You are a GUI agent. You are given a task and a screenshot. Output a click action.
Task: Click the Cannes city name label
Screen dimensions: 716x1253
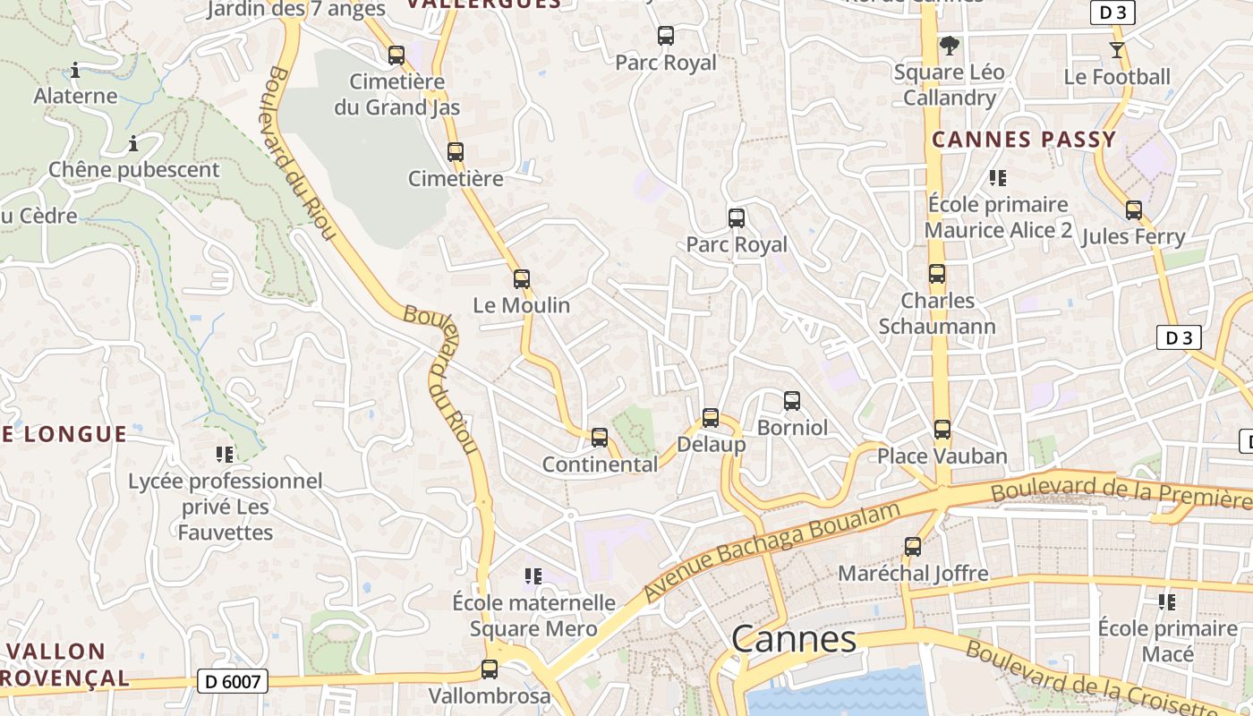[x=794, y=639]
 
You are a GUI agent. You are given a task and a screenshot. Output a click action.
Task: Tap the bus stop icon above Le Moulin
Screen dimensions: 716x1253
[x=522, y=279]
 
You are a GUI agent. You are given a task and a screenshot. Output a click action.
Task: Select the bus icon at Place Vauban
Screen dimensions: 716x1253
[x=942, y=430]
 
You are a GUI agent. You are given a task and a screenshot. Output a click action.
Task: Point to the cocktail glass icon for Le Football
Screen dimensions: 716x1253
[x=1116, y=50]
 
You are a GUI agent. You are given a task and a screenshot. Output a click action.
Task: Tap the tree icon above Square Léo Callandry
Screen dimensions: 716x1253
[x=949, y=46]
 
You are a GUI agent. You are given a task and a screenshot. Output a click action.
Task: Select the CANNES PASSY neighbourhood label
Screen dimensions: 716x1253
[x=1024, y=140]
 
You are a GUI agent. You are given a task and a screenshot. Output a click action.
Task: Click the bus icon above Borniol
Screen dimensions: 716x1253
[x=792, y=401]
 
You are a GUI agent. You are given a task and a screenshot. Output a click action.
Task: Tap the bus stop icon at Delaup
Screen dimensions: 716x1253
[x=711, y=417]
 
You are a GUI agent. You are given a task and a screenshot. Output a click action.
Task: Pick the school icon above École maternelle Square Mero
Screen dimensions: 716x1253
[x=533, y=576]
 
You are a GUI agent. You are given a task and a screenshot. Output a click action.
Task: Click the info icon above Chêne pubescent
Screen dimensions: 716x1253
[x=133, y=143]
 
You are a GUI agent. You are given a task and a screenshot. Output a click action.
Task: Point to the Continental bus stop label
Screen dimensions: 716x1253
[x=600, y=465]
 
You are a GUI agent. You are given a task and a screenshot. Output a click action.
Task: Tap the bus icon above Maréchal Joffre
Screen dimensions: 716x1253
[x=913, y=546]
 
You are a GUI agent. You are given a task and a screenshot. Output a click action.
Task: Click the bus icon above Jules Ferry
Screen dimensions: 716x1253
[x=1134, y=210]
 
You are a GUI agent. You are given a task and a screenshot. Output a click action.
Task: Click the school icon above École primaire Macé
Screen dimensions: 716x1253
[x=1167, y=601]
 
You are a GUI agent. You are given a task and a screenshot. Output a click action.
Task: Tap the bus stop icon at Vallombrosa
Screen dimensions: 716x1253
[x=490, y=669]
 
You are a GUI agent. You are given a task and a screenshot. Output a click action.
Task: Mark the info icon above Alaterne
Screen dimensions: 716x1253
[x=75, y=70]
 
